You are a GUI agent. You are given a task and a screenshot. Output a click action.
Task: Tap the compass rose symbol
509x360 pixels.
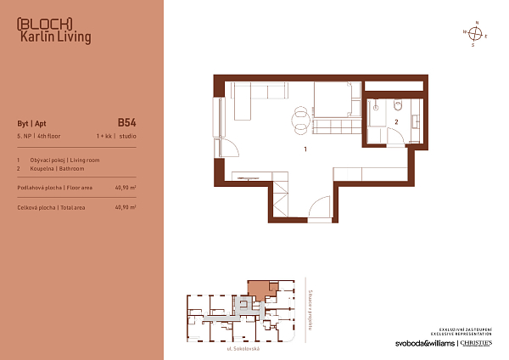tap(476, 34)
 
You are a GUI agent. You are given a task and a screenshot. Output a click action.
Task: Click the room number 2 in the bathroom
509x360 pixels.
tap(395, 122)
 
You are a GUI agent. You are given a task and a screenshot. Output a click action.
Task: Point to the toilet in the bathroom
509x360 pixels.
tap(397, 107)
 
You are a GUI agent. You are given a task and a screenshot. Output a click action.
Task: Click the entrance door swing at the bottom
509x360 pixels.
tap(319, 205)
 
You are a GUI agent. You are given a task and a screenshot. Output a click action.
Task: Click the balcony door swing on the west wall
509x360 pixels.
tap(227, 145)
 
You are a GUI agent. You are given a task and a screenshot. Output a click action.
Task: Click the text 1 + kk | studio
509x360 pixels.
tap(116, 136)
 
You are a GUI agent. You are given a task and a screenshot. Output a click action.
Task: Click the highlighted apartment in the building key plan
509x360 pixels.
tap(258, 288)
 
